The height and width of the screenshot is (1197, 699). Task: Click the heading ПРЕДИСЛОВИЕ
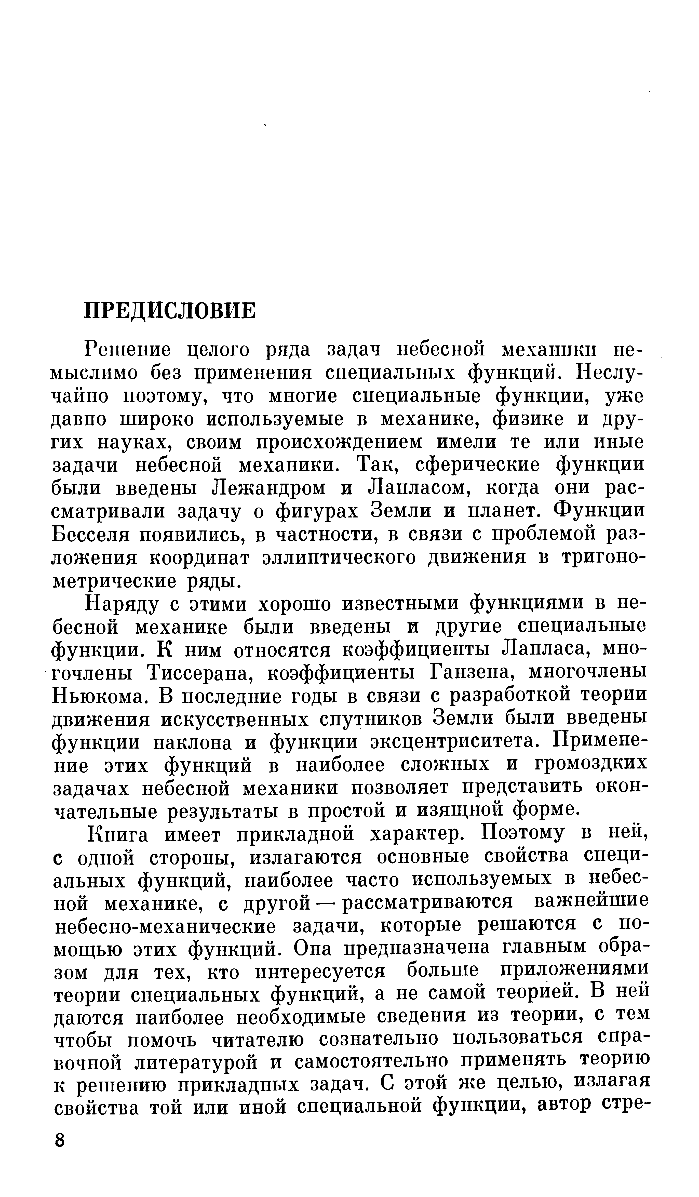(x=169, y=311)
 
